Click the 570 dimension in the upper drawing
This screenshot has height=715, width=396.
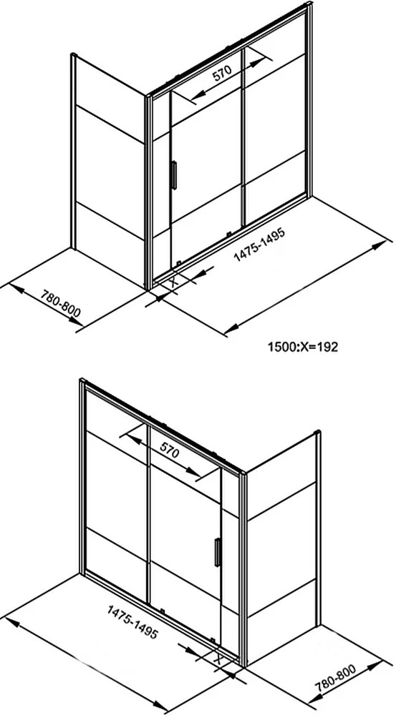[x=223, y=72]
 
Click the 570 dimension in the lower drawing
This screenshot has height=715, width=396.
[x=169, y=451]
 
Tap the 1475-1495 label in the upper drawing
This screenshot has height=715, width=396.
[x=259, y=245]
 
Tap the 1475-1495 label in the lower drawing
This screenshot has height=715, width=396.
[x=132, y=621]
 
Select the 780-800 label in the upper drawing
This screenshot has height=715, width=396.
[x=61, y=303]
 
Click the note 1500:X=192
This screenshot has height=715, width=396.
[x=303, y=347]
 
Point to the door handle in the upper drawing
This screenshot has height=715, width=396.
[x=173, y=175]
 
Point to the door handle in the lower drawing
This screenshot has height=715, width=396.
[x=217, y=552]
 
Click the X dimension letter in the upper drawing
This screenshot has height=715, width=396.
[x=173, y=281]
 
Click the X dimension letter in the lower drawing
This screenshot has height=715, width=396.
[x=218, y=659]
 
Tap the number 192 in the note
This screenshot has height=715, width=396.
[x=328, y=347]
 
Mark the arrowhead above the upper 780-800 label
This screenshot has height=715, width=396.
[x=16, y=289]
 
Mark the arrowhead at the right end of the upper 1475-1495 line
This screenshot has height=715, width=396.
[x=379, y=245]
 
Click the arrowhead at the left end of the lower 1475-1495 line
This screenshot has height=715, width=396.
[x=12, y=622]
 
